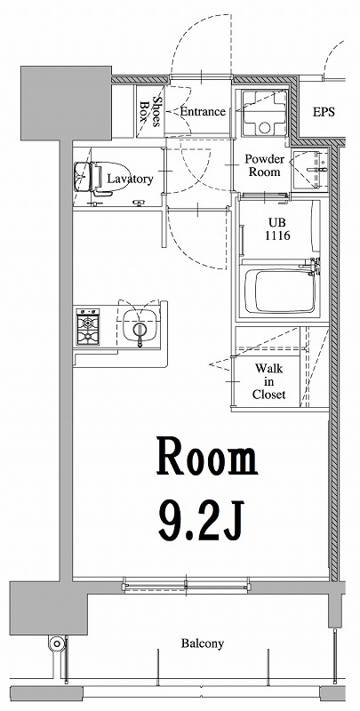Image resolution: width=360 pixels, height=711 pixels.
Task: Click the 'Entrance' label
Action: (x=202, y=112)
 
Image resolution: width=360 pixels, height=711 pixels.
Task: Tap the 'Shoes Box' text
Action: (x=151, y=112)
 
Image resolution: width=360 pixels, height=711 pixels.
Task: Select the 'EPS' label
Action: (x=324, y=113)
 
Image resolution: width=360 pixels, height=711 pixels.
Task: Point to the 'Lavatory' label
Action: (x=131, y=179)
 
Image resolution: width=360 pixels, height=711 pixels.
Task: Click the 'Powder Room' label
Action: (x=264, y=166)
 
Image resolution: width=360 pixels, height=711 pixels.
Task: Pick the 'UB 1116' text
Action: (x=276, y=230)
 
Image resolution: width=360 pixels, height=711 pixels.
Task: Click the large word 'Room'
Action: (x=207, y=459)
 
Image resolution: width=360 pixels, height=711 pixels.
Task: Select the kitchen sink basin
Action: (x=139, y=330)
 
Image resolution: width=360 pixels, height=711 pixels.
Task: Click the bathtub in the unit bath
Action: (x=280, y=292)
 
